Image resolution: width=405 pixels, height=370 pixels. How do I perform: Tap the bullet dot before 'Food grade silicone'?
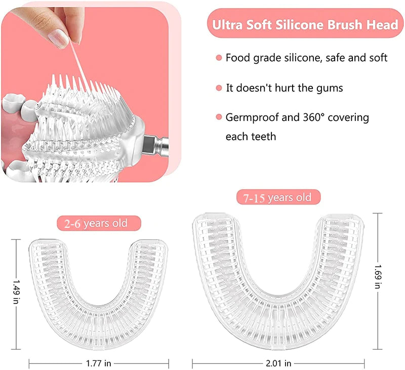click(219, 58)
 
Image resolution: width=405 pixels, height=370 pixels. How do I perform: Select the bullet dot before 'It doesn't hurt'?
click(219, 88)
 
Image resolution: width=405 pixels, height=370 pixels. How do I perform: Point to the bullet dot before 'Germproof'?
click(219, 118)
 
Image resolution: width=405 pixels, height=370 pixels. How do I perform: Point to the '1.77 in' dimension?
click(98, 363)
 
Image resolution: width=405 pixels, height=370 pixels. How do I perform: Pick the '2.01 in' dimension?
click(277, 363)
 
